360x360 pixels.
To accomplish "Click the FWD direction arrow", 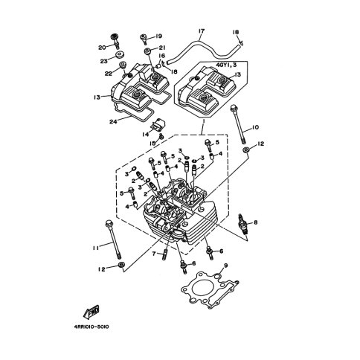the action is click(x=91, y=312).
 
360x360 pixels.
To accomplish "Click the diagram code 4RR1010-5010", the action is click(x=91, y=327).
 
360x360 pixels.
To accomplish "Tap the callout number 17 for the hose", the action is click(x=202, y=31).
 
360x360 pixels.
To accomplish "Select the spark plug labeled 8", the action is click(x=242, y=224).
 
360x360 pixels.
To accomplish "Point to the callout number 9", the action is click(x=225, y=266).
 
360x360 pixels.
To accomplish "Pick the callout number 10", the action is click(x=255, y=127).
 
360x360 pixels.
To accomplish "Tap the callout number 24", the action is click(x=113, y=122).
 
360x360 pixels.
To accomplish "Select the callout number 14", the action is click(x=146, y=134).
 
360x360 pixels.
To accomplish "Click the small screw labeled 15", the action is click(x=161, y=136).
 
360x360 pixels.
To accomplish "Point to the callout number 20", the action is click(x=102, y=48).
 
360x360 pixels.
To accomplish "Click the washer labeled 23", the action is click(x=120, y=54).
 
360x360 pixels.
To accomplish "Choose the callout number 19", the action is click(x=158, y=36).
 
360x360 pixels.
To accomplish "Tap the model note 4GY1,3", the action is click(x=226, y=65).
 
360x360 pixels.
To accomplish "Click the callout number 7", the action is click(x=154, y=254).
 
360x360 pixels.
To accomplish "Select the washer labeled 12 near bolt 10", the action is click(x=245, y=150).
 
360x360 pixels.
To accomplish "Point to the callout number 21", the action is click(x=162, y=48).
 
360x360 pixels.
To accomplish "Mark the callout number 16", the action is click(x=161, y=56).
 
